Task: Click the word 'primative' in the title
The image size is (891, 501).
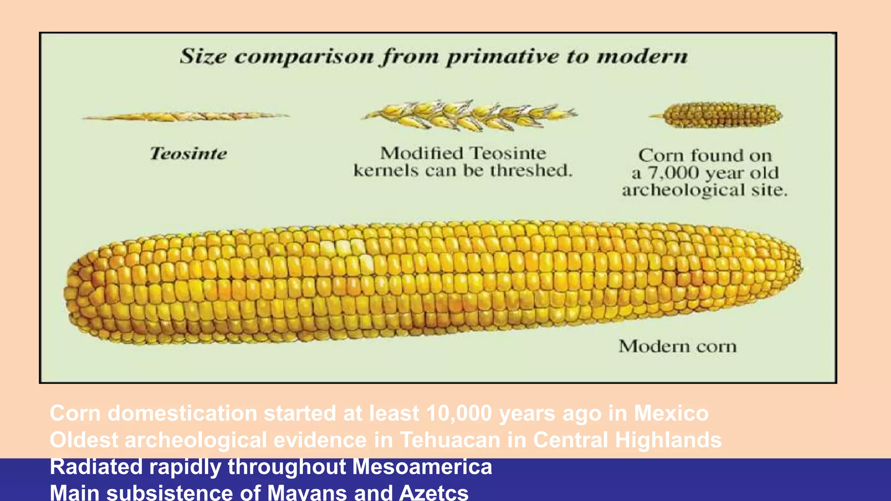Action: [502, 57]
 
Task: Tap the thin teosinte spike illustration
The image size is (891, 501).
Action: [186, 116]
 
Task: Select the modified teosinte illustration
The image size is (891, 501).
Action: [470, 115]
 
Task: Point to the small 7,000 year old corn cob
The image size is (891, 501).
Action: [724, 115]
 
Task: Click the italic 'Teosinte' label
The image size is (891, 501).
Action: [188, 154]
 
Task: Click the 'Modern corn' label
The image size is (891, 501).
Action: [677, 347]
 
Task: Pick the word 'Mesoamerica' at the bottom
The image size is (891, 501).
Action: [422, 467]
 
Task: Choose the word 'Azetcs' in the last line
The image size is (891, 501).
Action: [433, 493]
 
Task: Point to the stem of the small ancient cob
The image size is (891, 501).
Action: [657, 116]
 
